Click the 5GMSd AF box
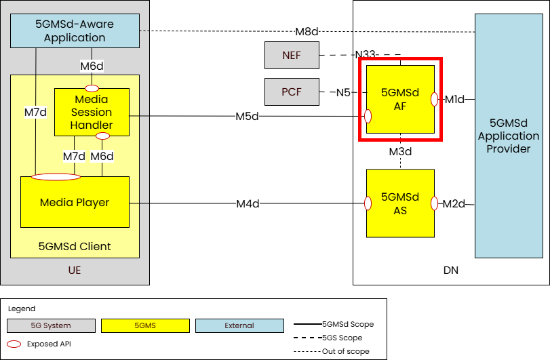pos(400,99)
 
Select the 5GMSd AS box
pos(400,203)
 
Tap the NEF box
pos(292,55)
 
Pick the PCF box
pos(292,92)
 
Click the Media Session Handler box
pos(92,112)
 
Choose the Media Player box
pos(75,202)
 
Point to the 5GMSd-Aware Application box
pos(75,31)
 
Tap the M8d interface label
pos(307,31)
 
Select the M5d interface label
pos(248,116)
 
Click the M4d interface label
pos(248,203)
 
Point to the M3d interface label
pos(400,151)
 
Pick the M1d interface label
pos(454,100)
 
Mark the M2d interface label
pos(454,203)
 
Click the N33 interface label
pos(367,55)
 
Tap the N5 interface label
pos(343,92)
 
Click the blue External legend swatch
pos(239,326)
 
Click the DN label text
pos(450,271)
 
